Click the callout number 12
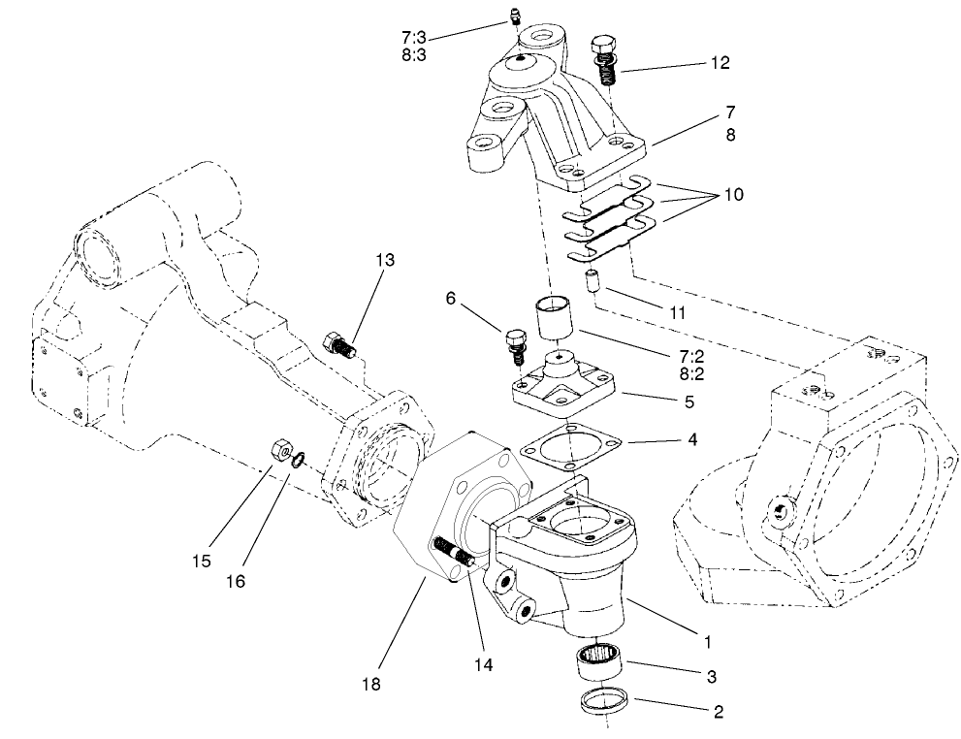(x=721, y=63)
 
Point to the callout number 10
(x=733, y=195)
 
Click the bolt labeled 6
(x=515, y=345)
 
